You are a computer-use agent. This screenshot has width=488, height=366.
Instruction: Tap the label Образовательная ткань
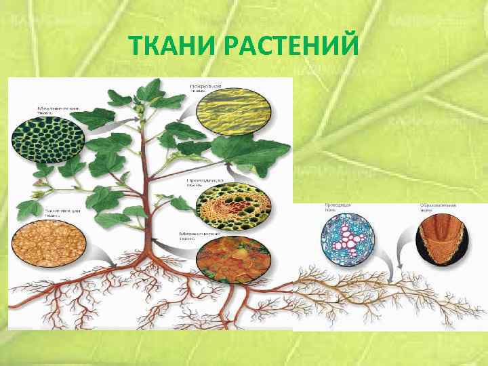(x=436, y=207)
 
